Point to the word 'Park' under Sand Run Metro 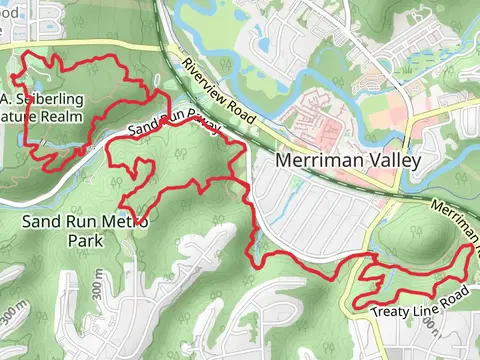85,241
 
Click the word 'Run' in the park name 81,222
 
